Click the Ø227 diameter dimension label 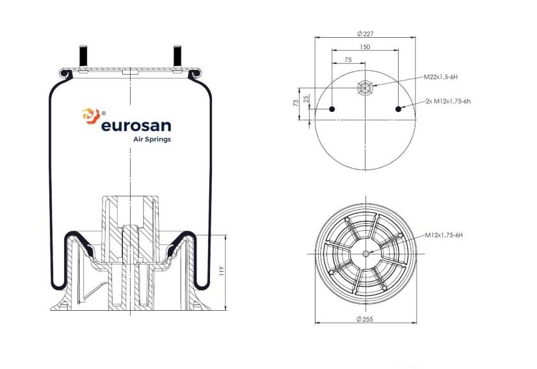pos(365,33)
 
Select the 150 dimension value pos(365,47)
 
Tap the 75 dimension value pos(348,59)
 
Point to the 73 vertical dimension pos(296,103)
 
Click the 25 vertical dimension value pos(307,98)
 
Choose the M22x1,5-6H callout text pos(441,77)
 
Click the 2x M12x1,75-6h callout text pos(448,101)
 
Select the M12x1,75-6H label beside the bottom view pos(444,235)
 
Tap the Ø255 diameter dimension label pos(365,319)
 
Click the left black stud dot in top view pos(332,109)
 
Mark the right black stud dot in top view pos(398,109)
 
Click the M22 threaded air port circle pos(365,88)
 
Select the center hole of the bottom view pos(365,254)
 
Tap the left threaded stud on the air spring pos(83,56)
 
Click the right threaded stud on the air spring pos(177,56)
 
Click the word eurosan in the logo pos(136,126)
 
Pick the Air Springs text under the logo pos(152,139)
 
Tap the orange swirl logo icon pos(91,116)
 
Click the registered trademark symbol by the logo pos(104,113)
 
